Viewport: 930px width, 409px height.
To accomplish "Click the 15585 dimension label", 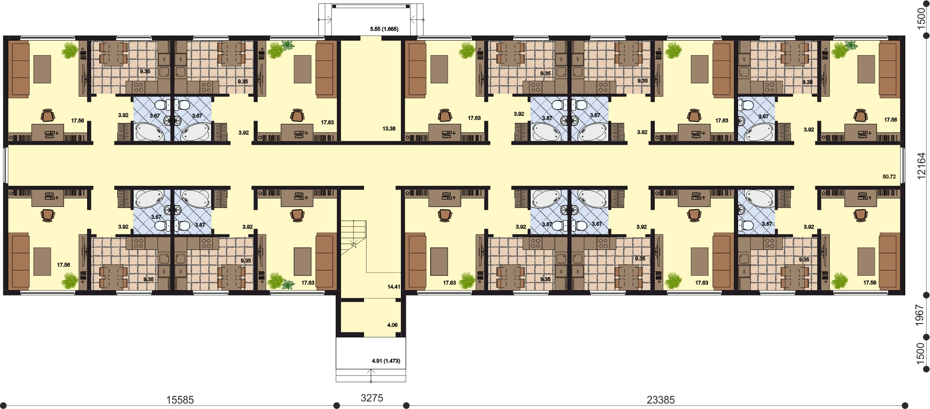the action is pos(180,400).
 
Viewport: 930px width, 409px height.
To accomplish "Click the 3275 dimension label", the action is pos(372,398).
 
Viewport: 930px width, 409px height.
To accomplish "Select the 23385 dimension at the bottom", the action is pos(661,400).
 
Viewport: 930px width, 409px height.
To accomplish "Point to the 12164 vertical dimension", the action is pos(920,166).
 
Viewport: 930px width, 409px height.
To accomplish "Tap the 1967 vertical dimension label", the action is pos(920,315).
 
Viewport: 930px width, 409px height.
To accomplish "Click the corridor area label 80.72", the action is pos(889,177).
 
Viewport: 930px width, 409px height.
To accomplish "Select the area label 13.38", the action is pos(389,129).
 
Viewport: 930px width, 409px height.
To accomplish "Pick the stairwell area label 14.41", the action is pos(394,287).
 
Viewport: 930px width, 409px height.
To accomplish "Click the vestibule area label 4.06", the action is pos(393,325).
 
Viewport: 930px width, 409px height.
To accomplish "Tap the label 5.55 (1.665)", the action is pos(384,29).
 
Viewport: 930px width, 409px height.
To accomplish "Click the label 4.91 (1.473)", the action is pos(386,361).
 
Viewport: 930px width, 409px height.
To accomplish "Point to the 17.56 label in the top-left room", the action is pos(77,121).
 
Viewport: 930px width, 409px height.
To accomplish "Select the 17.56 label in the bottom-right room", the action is pos(870,283).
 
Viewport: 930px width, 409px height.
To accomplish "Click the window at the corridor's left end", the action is pos(5,165).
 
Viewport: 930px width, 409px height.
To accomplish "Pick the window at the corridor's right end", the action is pos(903,165).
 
